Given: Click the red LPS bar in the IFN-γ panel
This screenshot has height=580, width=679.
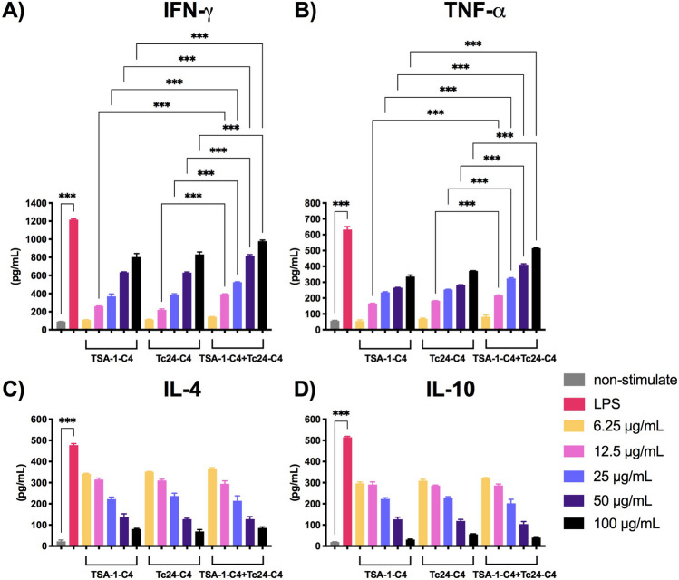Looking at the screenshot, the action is click(x=73, y=275).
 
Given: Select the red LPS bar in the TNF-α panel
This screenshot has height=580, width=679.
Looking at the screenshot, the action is click(x=347, y=279).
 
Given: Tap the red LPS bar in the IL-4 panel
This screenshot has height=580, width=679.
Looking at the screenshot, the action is click(x=73, y=495).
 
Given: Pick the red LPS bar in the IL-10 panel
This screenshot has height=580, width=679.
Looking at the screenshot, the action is click(x=347, y=492).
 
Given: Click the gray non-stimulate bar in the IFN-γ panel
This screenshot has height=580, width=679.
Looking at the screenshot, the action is click(x=61, y=325).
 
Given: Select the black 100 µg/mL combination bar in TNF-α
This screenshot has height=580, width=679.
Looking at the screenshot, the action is click(x=536, y=289).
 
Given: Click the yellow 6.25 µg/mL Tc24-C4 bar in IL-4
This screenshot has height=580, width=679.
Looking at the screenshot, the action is click(x=149, y=508).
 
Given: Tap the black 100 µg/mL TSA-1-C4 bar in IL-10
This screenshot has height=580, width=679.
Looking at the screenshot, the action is click(x=410, y=543).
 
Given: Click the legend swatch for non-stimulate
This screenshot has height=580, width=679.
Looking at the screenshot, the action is click(x=574, y=380).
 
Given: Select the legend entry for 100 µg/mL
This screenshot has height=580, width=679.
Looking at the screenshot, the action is click(x=612, y=524).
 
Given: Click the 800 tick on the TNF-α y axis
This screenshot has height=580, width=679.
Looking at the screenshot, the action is click(x=312, y=203).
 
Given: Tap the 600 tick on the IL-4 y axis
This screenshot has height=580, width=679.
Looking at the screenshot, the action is click(x=39, y=420).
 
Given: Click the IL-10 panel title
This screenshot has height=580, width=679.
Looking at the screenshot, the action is click(x=451, y=389).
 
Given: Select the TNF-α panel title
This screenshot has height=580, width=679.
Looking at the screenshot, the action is click(x=475, y=11).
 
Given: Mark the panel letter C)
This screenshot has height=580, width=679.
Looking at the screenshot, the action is click(x=14, y=390).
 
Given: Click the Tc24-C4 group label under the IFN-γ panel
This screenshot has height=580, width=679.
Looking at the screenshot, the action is click(x=174, y=358).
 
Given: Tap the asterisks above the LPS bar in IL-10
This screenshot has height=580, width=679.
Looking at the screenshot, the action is click(x=341, y=414).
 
